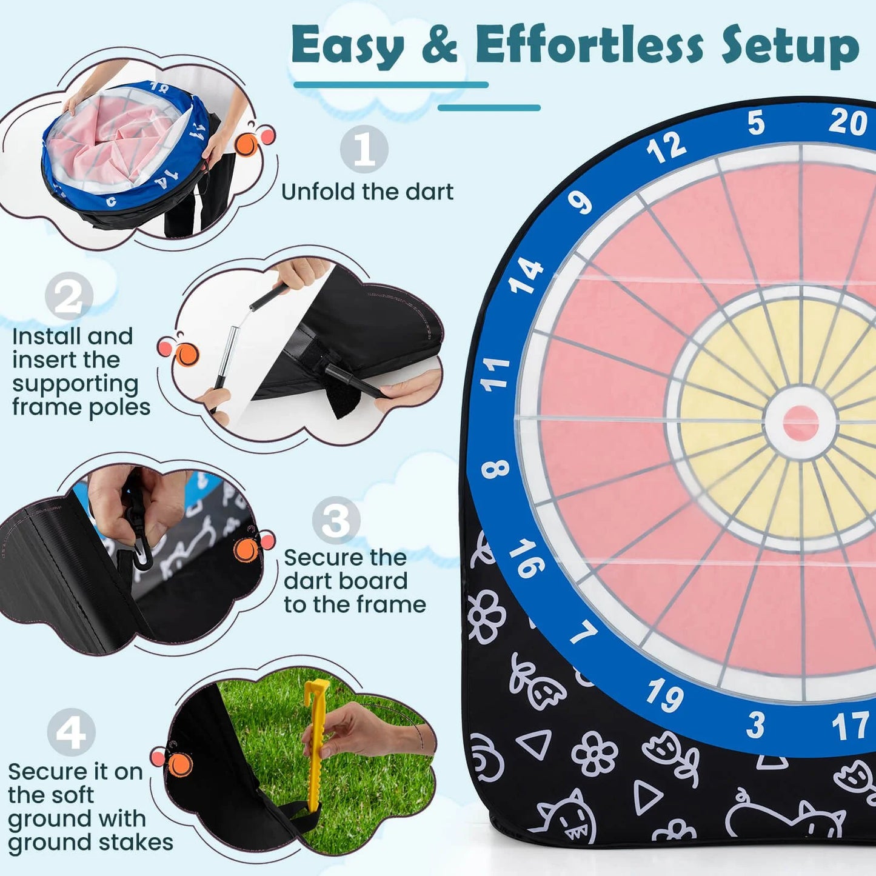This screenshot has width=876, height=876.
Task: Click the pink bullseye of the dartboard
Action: point(800,423)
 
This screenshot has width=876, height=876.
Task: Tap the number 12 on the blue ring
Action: point(666,147)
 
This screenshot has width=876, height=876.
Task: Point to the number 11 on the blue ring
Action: point(495,373)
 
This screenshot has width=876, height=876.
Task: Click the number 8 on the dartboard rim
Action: point(495,469)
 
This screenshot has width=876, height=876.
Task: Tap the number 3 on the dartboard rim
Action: point(755,725)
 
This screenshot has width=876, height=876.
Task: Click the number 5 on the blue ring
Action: point(756,123)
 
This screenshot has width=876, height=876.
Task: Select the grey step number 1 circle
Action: point(364,149)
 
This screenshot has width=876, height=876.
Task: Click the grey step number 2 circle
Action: point(69,296)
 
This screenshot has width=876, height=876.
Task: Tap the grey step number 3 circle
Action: point(336,520)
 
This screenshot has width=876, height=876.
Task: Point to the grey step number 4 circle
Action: point(71,732)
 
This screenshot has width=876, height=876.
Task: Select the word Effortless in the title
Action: point(589,45)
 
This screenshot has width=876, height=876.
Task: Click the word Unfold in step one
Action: point(318,192)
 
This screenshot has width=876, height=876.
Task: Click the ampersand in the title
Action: point(440,45)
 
